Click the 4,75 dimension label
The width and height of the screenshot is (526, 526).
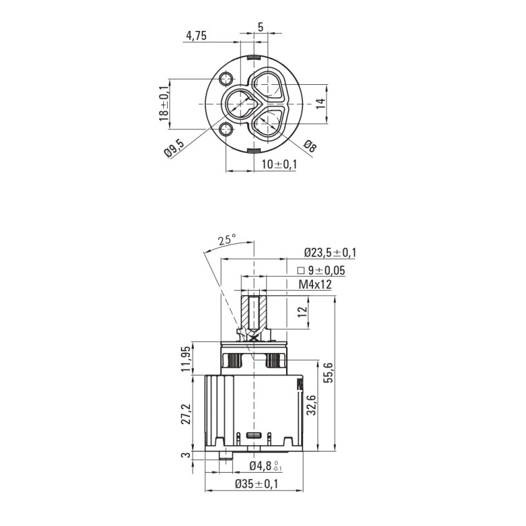[196, 36]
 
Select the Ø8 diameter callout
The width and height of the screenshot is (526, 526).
[310, 146]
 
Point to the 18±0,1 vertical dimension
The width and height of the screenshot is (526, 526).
[164, 103]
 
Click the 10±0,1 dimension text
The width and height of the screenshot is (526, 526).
[279, 164]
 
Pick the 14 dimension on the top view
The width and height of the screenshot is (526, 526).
[320, 103]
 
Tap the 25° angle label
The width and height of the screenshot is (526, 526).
[227, 239]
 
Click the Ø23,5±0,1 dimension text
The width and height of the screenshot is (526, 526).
[330, 252]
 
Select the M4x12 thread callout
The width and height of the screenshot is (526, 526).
[315, 285]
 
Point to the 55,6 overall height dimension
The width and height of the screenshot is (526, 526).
[329, 372]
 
